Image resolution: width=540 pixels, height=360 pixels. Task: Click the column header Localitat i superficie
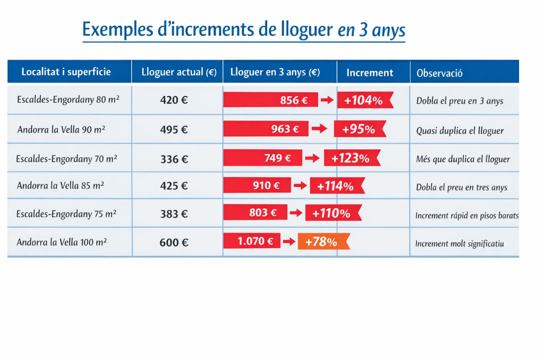click(x=66, y=72)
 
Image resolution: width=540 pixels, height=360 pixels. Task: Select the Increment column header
click(x=370, y=73)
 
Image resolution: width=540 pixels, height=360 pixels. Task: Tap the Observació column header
click(x=440, y=73)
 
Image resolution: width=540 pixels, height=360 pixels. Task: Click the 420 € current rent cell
click(x=174, y=100)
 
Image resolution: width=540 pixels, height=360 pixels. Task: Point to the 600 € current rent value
click(x=173, y=243)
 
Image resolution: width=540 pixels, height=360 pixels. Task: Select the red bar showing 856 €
click(x=270, y=100)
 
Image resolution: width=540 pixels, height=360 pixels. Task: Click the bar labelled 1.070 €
click(x=252, y=241)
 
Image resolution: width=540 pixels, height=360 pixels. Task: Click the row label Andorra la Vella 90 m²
click(x=61, y=130)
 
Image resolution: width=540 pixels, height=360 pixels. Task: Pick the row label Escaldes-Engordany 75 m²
click(x=66, y=214)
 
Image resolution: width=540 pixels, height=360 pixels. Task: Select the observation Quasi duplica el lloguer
click(x=460, y=131)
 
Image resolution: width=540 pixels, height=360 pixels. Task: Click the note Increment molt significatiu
click(x=459, y=244)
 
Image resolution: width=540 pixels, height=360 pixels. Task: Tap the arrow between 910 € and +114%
click(x=300, y=185)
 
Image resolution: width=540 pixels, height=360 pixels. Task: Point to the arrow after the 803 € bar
click(x=296, y=213)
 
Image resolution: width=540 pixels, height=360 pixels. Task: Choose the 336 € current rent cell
click(x=174, y=159)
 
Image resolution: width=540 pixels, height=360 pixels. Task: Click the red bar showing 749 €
click(x=263, y=158)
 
